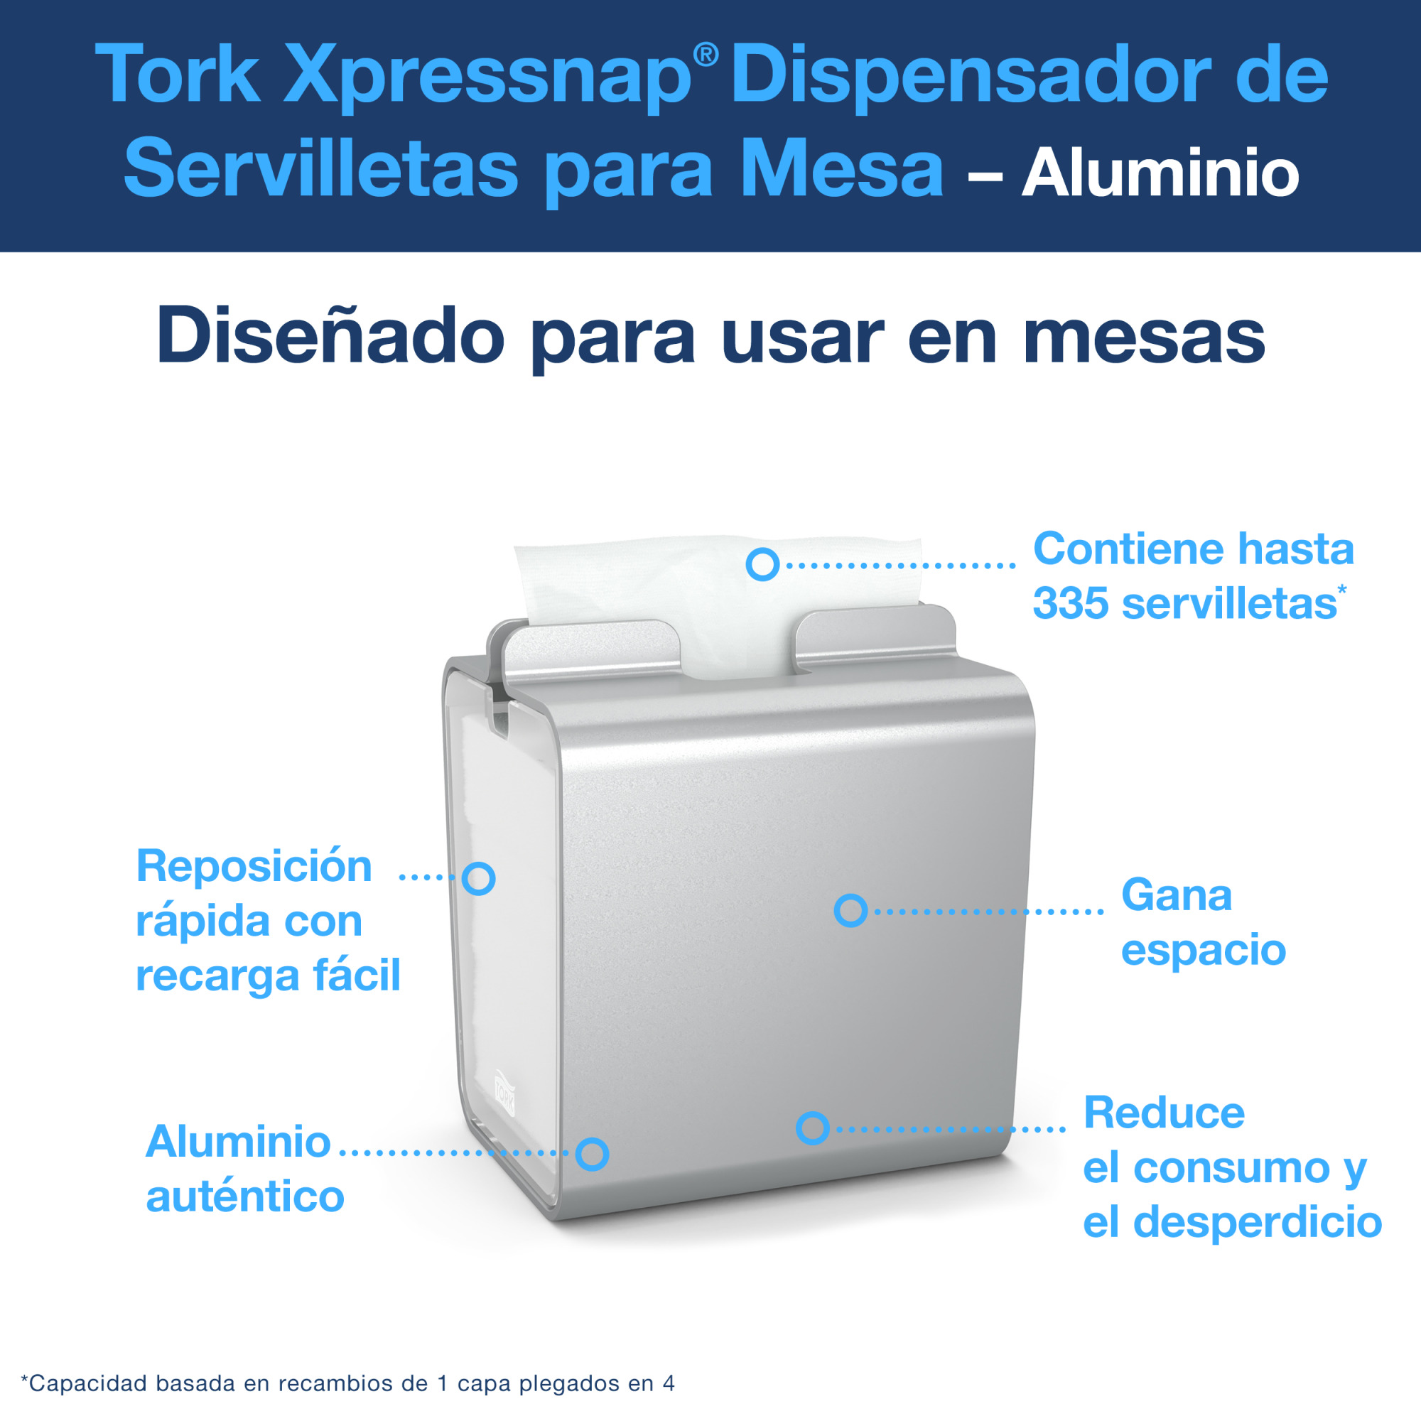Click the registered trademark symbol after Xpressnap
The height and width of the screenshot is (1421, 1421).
tap(706, 55)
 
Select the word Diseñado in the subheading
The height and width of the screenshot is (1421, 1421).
tap(330, 337)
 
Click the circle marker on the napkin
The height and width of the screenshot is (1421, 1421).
tap(762, 564)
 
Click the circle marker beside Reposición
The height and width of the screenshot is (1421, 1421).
tap(479, 878)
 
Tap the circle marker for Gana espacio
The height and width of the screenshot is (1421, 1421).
tap(851, 911)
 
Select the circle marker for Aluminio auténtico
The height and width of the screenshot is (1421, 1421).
tap(592, 1154)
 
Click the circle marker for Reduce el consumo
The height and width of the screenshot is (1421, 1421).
tap(813, 1128)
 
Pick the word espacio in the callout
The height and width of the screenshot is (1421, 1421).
tap(1204, 949)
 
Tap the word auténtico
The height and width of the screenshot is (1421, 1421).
tap(245, 1196)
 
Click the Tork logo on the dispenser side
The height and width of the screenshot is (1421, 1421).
tap(504, 1091)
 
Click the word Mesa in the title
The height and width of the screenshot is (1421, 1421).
tap(841, 171)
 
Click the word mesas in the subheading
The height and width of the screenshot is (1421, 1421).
tap(1144, 337)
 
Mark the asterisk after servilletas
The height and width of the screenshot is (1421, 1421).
tap(1341, 589)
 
